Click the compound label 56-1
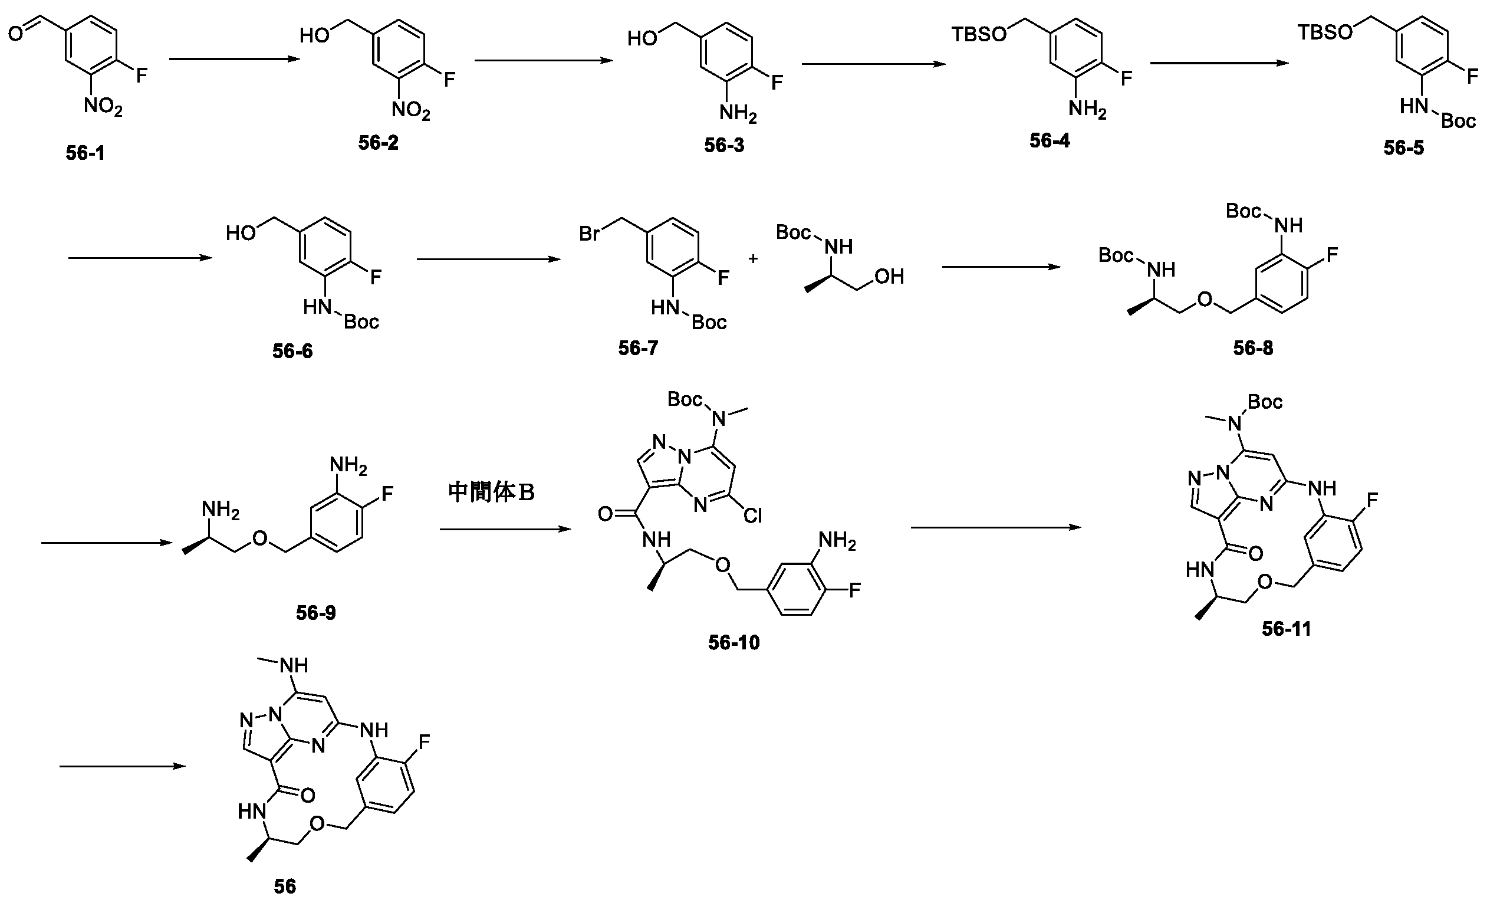pos(85,153)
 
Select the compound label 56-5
pos(1404,148)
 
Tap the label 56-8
pos(1253,348)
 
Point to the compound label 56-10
pos(733,642)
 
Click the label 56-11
pos(1286,629)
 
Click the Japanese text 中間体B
pos(491,492)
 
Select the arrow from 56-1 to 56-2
pos(235,59)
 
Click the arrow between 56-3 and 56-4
pos(873,64)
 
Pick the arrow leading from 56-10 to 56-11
pos(996,527)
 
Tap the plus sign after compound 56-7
pos(753,259)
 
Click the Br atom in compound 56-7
pos(589,233)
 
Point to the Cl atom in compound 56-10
pos(752,516)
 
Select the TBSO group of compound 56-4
pos(979,34)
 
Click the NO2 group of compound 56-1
pos(103,107)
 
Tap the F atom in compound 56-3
pos(777,82)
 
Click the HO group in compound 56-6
pos(240,233)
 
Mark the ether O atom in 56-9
pos(260,539)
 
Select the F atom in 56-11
pos(1372,501)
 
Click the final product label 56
pos(285,886)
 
